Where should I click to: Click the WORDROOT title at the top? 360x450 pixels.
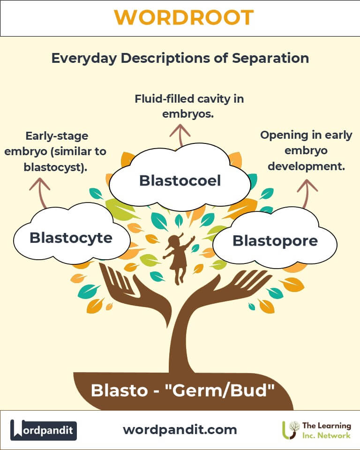[184, 18]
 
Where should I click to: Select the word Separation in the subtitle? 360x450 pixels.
[273, 58]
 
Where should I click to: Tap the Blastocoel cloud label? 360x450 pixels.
[180, 180]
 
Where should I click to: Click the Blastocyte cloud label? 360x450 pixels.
[71, 238]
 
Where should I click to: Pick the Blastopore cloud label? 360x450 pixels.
[275, 241]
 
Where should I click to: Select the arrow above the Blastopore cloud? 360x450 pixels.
[307, 192]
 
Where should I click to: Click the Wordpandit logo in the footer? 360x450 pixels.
[44, 430]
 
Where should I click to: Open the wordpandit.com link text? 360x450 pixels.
[180, 429]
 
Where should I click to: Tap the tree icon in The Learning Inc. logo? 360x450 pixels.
[291, 429]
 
